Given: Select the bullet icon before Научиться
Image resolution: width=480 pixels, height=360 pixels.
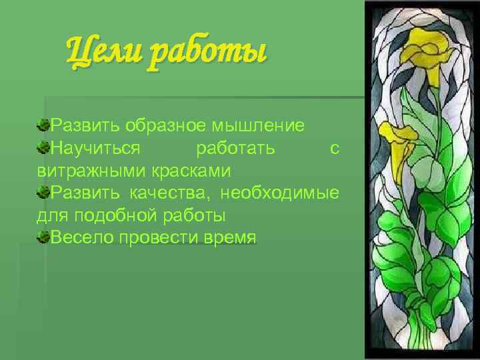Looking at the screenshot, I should [43, 147].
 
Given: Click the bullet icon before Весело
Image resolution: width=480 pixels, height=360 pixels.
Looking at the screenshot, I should [43, 237].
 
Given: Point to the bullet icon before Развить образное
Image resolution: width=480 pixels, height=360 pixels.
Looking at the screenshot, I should [43, 124].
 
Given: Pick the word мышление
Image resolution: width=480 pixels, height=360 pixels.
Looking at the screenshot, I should [265, 125].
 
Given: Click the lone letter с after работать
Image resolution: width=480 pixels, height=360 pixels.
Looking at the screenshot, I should [335, 148].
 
